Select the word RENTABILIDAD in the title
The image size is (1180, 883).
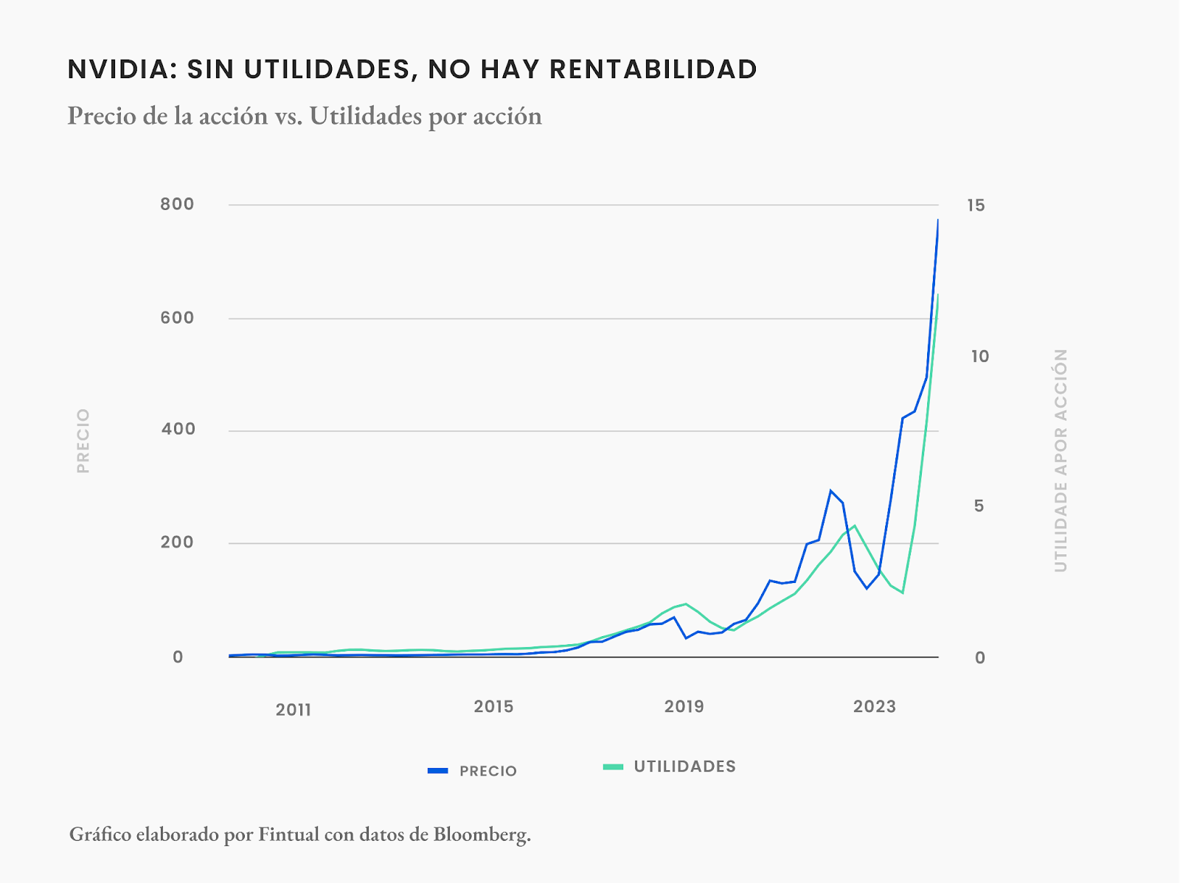coord(653,69)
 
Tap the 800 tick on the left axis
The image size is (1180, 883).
coord(177,204)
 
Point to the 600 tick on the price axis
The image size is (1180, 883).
coord(177,318)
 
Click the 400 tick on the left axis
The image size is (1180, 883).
coord(178,429)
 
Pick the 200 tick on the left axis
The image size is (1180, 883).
coord(177,542)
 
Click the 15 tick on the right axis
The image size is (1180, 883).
coord(976,206)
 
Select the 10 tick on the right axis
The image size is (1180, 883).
coord(979,357)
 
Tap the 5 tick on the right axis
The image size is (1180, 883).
coord(979,506)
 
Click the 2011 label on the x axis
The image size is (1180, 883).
coord(294,710)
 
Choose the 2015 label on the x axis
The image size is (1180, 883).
coord(493,707)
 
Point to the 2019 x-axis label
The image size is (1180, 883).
coord(684,707)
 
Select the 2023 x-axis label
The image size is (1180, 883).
coord(874,707)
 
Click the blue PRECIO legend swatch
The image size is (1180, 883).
coord(438,771)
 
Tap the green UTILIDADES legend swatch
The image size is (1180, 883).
coord(613,767)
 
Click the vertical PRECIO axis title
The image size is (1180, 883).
coord(83,441)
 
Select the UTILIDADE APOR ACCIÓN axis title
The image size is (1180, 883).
coord(1061,461)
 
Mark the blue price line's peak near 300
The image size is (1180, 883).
coord(830,491)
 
